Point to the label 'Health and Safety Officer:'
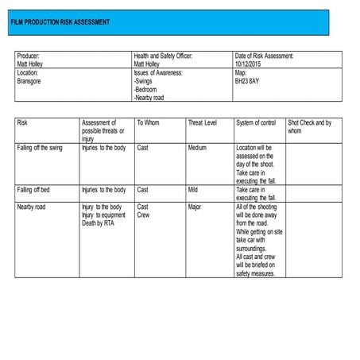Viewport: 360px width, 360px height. point(163,56)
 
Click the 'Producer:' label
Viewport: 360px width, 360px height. point(29,56)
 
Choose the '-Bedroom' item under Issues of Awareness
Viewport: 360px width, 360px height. point(149,89)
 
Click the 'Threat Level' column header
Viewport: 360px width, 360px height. point(202,123)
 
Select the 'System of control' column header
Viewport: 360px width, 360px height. point(256,123)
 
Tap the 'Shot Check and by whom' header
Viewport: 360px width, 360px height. point(310,126)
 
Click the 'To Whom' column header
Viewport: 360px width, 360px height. point(148,123)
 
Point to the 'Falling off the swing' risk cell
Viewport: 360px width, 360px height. point(40,148)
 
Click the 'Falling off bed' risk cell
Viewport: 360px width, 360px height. point(35,190)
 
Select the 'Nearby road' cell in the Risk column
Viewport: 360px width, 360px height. point(32,207)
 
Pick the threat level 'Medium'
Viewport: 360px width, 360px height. point(197,148)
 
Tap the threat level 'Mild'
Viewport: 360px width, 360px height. point(193,190)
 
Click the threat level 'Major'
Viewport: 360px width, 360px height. point(195,207)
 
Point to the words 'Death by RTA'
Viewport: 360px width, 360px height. point(99,223)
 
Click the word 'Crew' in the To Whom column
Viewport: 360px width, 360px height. point(144,215)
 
